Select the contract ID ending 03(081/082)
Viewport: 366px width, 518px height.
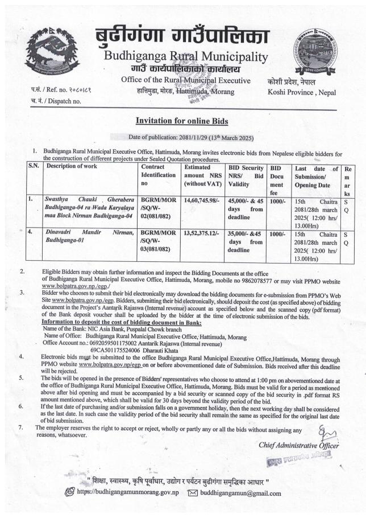click(157, 241)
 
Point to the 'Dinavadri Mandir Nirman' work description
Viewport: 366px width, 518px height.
click(89, 236)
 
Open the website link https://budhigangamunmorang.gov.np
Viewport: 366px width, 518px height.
click(128, 493)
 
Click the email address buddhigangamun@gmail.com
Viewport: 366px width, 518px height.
click(240, 493)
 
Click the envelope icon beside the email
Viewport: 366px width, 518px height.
click(192, 493)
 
